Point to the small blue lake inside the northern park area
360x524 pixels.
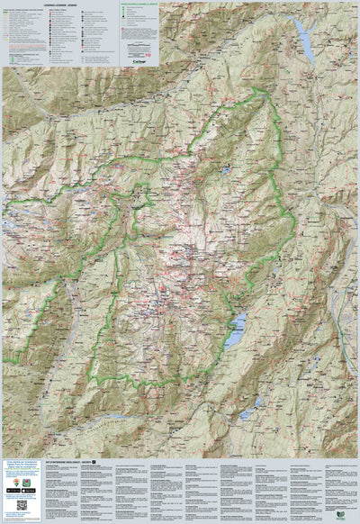(224, 168)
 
